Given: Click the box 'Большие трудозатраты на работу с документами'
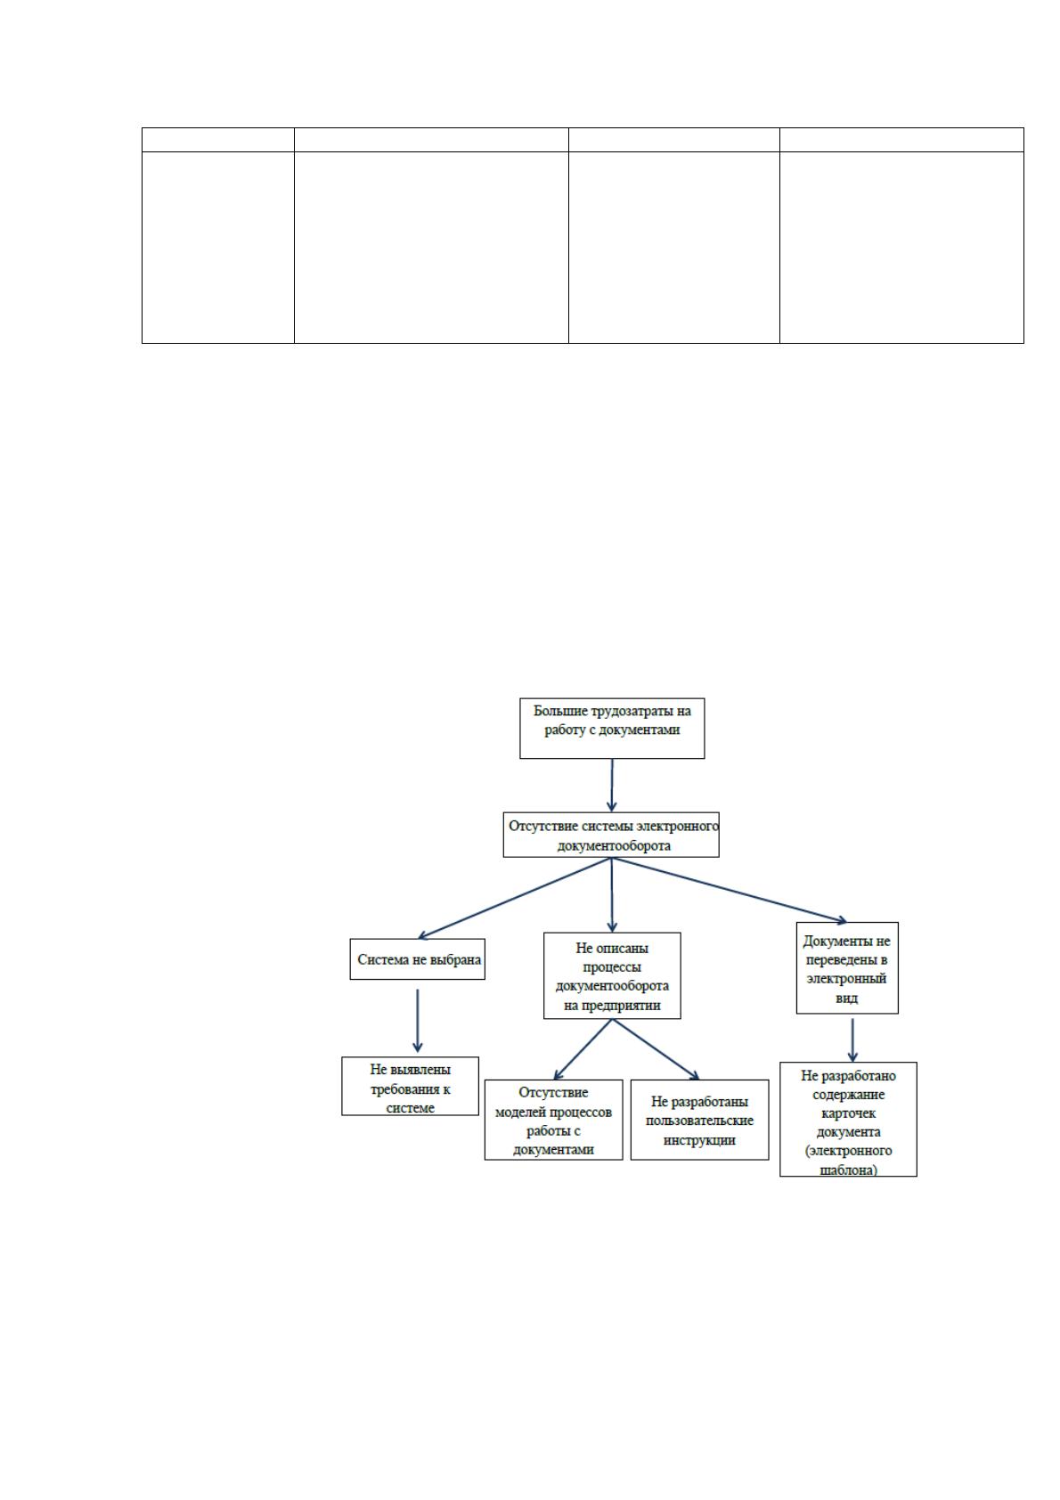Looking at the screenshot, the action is point(611,728).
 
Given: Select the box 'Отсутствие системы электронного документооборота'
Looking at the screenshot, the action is point(611,835).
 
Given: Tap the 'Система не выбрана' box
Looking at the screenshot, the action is point(417,959).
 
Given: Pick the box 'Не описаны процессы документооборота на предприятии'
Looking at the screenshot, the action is point(612,975).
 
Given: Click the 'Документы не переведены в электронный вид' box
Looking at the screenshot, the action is point(847,967).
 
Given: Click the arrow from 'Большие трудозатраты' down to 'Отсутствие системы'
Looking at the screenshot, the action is point(612,785).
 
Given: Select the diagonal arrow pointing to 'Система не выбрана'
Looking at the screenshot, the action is point(514,898).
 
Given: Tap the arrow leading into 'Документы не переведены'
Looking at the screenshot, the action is point(730,890).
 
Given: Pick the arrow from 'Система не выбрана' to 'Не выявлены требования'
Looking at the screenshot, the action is point(417,1021).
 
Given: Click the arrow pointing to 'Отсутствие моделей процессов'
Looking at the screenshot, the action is point(583,1049).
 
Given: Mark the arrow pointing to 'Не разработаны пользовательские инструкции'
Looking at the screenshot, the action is point(656,1049).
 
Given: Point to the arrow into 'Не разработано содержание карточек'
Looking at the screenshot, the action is point(852,1040).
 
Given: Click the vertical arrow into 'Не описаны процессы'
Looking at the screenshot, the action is point(612,894).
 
